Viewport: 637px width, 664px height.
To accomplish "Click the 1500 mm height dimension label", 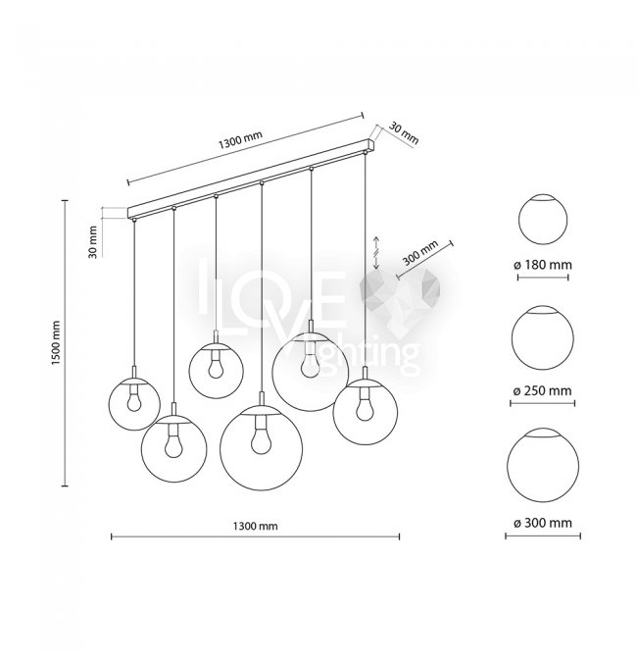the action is [56, 343].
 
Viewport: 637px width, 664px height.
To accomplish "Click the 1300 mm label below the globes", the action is [255, 526].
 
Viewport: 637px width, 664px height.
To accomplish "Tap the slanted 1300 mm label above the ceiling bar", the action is [240, 139].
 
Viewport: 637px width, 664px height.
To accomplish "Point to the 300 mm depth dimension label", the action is [420, 253].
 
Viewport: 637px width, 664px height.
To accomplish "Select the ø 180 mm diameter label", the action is [543, 265].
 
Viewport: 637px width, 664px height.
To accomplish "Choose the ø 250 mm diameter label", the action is [543, 391].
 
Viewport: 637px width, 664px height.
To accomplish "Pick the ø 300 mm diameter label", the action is [543, 523].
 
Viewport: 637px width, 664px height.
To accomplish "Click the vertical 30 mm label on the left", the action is [93, 242].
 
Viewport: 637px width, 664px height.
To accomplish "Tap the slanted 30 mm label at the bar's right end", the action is [404, 133].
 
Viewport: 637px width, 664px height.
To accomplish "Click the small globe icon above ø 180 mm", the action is [543, 220].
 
